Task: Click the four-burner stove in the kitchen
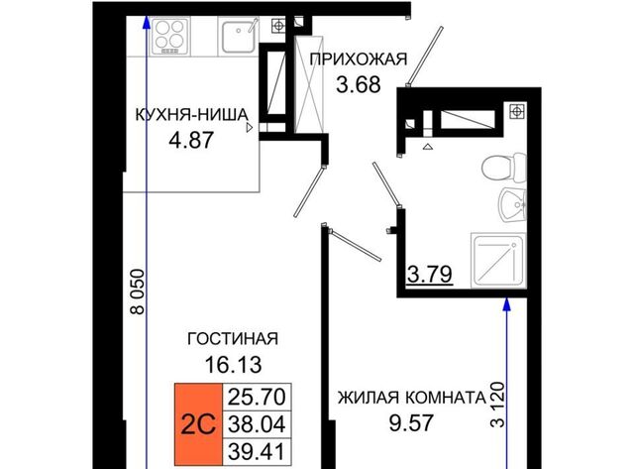coord(169,37)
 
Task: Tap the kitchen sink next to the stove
coord(238,36)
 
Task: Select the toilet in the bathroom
coord(504,168)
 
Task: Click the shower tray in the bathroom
coord(498,261)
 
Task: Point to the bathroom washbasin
coord(511,204)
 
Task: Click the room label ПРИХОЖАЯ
coord(359,59)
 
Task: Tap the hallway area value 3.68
coord(359,84)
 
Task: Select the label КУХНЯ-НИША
coord(191,114)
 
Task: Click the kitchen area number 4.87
coord(191,141)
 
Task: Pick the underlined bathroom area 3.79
coord(429,275)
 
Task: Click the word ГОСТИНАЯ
coord(233,338)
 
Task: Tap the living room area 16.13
coord(234,364)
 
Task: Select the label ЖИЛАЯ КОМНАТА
coord(412,398)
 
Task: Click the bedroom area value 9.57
coord(411,422)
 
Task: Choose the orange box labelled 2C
coord(198,424)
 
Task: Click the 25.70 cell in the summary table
coord(257,397)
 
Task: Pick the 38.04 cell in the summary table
coord(257,424)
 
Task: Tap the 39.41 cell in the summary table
coord(257,451)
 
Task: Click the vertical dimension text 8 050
coord(138,292)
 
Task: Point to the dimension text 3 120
coord(497,405)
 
